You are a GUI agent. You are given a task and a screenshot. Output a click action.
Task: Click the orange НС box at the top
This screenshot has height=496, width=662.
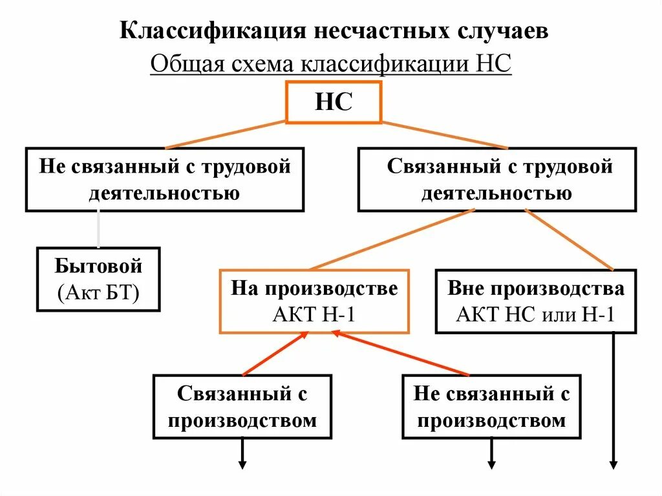[334, 102]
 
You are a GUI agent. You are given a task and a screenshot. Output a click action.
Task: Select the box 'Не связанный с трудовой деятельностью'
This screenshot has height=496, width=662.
[165, 179]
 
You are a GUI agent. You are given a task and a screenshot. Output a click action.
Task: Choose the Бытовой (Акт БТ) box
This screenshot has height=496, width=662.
[98, 279]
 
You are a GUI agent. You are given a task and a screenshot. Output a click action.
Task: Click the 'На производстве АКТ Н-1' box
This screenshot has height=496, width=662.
[314, 301]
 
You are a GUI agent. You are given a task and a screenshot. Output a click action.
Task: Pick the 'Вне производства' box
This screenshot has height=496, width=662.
[536, 301]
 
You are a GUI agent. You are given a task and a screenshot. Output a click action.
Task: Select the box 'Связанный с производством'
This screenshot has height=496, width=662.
[242, 407]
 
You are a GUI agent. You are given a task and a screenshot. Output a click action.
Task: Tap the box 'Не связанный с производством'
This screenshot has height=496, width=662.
[491, 407]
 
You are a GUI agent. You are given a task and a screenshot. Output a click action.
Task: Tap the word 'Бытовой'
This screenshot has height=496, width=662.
[98, 266]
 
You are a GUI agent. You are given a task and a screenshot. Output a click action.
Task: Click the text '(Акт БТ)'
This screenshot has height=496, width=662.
[98, 292]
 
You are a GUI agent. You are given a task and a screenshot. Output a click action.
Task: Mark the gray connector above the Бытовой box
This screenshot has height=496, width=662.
[98, 229]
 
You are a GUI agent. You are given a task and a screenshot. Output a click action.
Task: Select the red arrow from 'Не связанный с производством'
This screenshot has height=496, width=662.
[401, 354]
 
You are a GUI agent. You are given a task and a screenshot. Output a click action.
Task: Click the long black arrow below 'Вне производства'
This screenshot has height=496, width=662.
[613, 401]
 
